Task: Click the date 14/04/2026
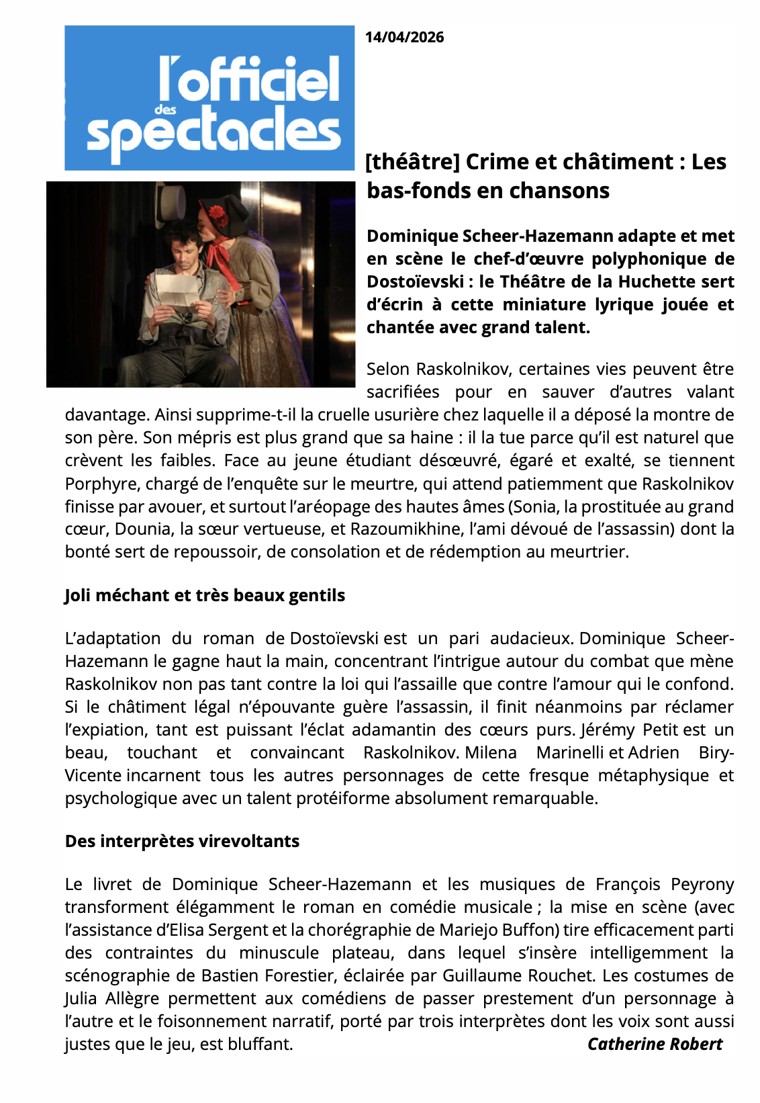(x=404, y=37)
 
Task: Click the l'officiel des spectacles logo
(x=209, y=98)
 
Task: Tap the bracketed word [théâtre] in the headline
(x=412, y=162)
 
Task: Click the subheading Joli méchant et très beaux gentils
(x=205, y=595)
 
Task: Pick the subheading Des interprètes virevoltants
(x=182, y=841)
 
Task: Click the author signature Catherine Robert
(x=655, y=1044)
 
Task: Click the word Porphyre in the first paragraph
(x=95, y=484)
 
